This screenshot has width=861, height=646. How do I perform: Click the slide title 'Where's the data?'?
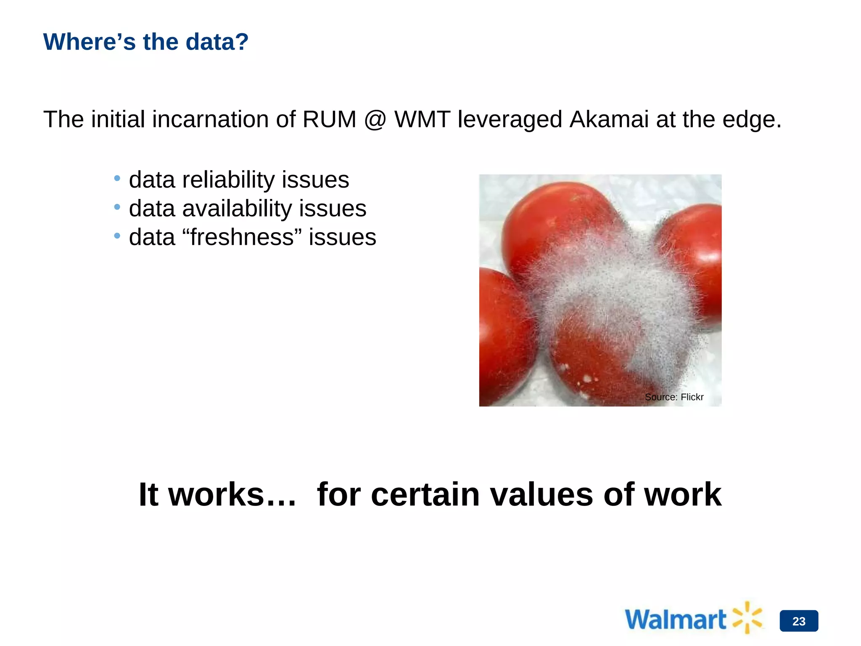[x=146, y=42]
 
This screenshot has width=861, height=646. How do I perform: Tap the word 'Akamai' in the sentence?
[x=609, y=119]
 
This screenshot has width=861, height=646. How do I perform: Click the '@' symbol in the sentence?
[x=375, y=119]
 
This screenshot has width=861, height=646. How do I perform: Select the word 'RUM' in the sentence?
[x=329, y=119]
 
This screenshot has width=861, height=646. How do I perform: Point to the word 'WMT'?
[x=422, y=119]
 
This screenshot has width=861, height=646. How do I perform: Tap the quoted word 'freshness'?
[x=242, y=237]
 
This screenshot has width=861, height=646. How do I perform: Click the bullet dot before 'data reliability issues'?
[x=117, y=179]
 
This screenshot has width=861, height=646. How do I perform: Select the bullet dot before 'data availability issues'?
[x=117, y=207]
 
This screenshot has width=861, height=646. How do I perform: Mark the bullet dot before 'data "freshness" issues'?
[x=117, y=236]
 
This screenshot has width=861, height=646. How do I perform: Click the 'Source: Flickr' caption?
[x=674, y=397]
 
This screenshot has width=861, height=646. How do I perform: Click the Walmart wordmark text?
[x=675, y=620]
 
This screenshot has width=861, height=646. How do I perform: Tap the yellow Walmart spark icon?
[x=747, y=617]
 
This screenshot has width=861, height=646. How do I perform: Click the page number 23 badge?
[x=799, y=621]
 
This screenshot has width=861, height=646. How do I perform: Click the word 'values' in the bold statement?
[x=541, y=495]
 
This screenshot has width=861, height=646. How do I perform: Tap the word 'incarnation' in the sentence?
[x=209, y=119]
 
